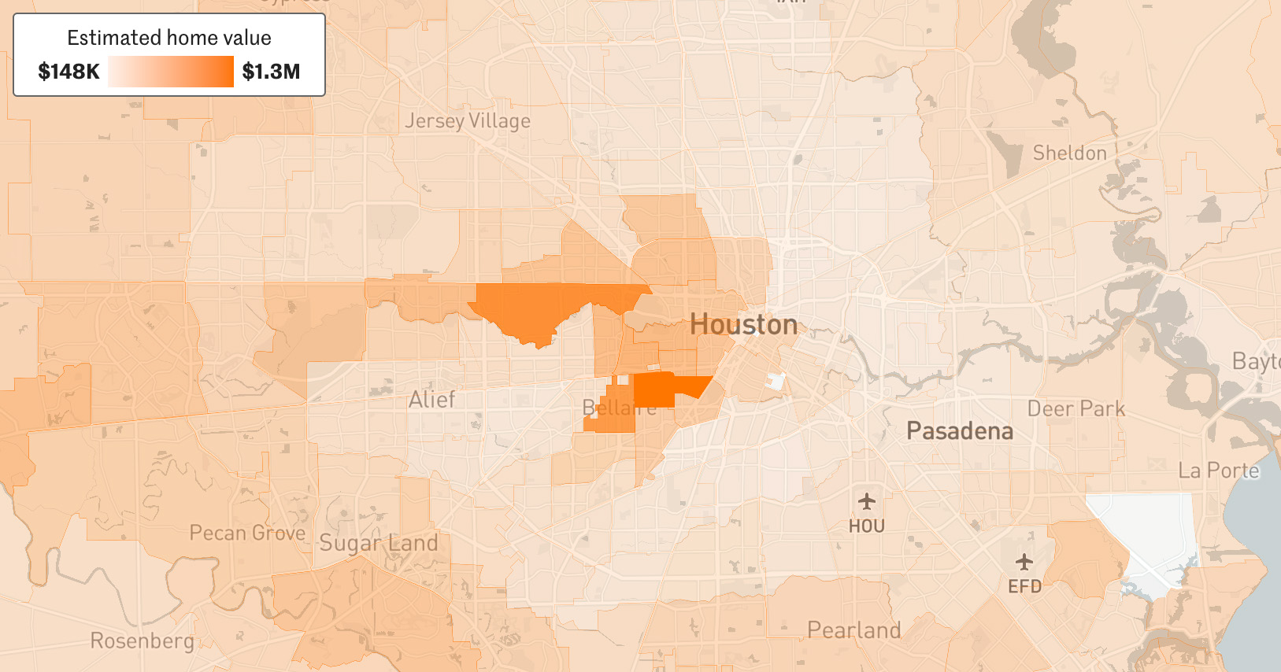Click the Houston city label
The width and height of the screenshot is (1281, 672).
tap(743, 324)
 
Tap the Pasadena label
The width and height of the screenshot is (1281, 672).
tap(959, 431)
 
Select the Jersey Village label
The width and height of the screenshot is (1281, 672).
tap(468, 121)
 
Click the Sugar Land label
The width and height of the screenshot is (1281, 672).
tap(378, 543)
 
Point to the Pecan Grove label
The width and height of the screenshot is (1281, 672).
tap(247, 533)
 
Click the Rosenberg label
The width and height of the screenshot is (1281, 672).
tap(142, 641)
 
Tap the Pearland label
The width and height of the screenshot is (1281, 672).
tap(853, 630)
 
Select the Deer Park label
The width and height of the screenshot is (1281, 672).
tap(1076, 409)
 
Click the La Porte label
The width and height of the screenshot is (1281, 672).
tap(1218, 471)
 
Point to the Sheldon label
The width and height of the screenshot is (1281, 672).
tap(1069, 153)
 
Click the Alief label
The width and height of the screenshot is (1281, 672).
tap(431, 400)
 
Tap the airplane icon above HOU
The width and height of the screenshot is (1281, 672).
tap(866, 501)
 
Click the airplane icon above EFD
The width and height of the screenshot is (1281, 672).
tap(1024, 562)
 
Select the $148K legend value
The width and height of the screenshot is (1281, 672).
tap(68, 72)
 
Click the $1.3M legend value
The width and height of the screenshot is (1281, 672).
tap(271, 72)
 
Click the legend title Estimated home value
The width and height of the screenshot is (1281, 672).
tap(168, 38)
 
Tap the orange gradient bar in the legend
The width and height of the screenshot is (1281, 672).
tap(171, 72)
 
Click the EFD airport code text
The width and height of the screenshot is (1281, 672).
tap(1024, 586)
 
